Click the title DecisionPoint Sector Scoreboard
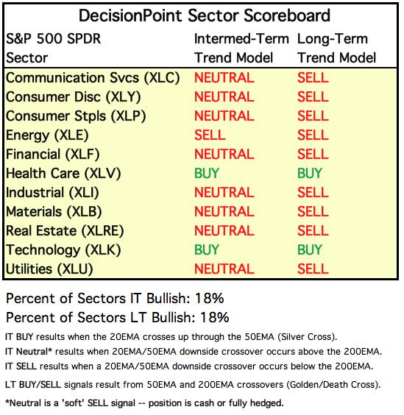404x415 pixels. tap(205, 15)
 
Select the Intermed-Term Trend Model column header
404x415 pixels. tap(241, 48)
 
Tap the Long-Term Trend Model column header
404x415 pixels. tap(336, 48)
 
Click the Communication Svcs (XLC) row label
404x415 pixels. tap(93, 78)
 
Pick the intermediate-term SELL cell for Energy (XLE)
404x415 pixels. tap(210, 135)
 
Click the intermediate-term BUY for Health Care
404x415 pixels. tap(207, 174)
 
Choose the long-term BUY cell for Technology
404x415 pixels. tap(310, 250)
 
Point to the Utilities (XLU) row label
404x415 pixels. tap(49, 269)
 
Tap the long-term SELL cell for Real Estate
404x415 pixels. tap(313, 231)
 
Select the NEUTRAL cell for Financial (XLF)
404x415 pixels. tap(224, 155)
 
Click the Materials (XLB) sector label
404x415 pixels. tap(54, 212)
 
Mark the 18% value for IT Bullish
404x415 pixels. tap(210, 298)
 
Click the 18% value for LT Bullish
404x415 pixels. tap(214, 317)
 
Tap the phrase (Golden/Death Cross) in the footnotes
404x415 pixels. tap(333, 385)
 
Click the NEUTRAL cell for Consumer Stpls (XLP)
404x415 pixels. tap(224, 116)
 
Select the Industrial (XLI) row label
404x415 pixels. tap(52, 193)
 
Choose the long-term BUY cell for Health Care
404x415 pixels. tap(310, 174)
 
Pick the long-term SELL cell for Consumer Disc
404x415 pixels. tap(313, 97)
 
